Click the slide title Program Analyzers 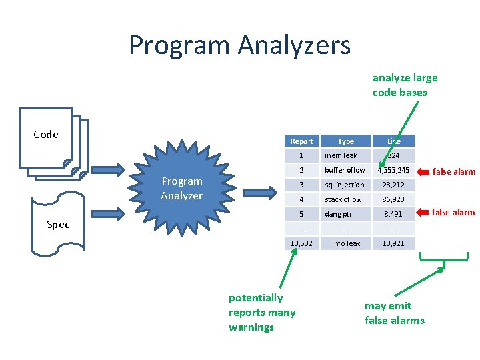point(239,45)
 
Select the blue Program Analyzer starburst point(181,189)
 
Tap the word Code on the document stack point(46,135)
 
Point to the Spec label point(58,225)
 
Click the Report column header point(302,141)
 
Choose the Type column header point(346,141)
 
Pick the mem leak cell point(341,155)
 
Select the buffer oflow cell point(345,170)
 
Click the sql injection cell point(345,185)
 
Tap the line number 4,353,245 point(393,170)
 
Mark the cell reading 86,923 point(393,199)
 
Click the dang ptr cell point(339,214)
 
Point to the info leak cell point(346,243)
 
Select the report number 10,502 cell point(302,243)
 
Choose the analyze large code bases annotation point(405,85)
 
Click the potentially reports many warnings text point(261,312)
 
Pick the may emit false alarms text point(394,313)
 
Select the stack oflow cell point(343,199)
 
